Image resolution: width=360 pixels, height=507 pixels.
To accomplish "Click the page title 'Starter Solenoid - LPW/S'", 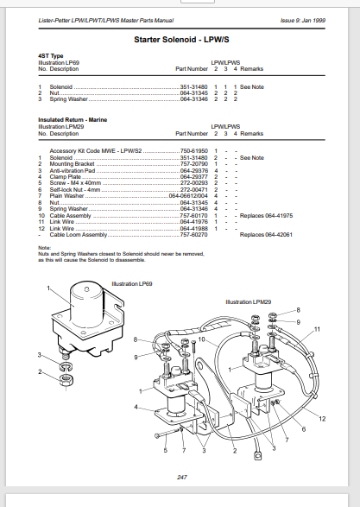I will [180, 41].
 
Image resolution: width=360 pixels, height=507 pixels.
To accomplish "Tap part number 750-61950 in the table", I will [194, 149].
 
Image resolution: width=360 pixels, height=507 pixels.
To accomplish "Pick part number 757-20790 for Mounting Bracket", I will [194, 164].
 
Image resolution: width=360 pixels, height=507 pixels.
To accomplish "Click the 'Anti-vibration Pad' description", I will [73, 171].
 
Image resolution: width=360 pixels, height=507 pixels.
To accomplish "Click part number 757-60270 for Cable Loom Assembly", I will [194, 234].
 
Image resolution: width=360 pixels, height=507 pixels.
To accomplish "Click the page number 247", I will [181, 478].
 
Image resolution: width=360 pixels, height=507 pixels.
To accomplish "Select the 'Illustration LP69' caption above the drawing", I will [131, 283].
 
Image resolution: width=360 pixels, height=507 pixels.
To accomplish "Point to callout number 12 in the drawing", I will [321, 418].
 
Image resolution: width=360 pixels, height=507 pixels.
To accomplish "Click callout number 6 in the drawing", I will [303, 429].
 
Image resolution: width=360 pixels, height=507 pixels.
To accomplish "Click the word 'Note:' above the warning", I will [45, 248].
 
